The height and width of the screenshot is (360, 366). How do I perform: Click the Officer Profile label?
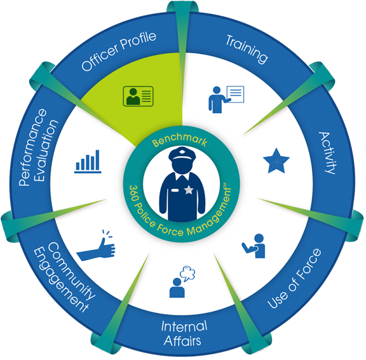pos(119,52)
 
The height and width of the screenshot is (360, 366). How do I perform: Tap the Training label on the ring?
pos(247,49)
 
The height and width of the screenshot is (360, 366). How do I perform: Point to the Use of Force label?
pos(295,279)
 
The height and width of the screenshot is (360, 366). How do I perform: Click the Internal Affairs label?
pos(183,333)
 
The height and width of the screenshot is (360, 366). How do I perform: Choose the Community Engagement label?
pos(65,277)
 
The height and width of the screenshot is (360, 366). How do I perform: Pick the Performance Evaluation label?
pos(39,147)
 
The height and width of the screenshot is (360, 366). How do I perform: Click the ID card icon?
pos(138,96)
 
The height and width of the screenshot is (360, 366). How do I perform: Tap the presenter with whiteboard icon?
pos(226,99)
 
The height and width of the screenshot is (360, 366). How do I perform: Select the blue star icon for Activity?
pos(276,161)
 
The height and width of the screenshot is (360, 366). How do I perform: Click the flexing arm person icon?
pos(254,246)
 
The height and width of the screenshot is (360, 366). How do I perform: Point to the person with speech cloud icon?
pos(182,282)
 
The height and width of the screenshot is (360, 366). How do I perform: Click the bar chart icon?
pos(88,162)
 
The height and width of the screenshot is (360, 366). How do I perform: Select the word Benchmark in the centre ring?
pos(179,140)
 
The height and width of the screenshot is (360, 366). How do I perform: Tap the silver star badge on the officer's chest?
pos(189,190)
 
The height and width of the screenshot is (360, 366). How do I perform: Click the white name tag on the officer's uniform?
pos(175,190)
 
